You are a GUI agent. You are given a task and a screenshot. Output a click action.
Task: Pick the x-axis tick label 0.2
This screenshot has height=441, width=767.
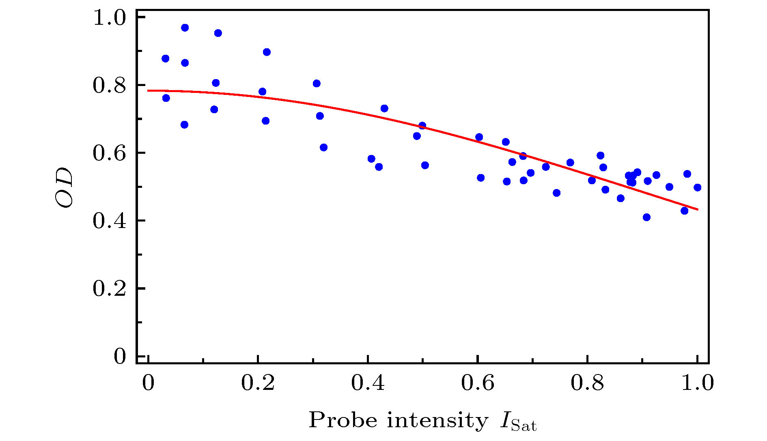258,383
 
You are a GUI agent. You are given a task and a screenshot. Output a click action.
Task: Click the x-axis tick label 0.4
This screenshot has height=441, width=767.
368,383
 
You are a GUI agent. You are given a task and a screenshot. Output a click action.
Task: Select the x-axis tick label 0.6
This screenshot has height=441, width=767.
478,383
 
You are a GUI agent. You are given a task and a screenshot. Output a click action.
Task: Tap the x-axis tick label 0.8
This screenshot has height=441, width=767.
587,383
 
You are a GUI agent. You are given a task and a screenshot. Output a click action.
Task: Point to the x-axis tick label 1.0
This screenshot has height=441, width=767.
697,383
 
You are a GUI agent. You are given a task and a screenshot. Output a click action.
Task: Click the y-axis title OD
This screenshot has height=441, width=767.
65,187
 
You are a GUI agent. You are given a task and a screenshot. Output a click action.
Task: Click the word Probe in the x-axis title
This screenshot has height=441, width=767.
343,420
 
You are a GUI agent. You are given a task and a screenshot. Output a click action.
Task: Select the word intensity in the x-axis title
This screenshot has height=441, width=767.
437,420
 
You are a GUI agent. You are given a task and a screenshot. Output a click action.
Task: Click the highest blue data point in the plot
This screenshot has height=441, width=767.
185,28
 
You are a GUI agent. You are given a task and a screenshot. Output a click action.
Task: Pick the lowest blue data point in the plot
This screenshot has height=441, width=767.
646,217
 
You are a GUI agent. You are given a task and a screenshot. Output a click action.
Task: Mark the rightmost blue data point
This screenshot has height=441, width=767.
697,187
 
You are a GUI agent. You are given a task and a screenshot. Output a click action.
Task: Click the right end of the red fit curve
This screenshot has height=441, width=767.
698,209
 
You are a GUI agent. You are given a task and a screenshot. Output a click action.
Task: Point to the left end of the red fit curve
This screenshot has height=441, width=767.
148,90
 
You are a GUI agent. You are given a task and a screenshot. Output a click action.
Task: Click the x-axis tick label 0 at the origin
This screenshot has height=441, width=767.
148,383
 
